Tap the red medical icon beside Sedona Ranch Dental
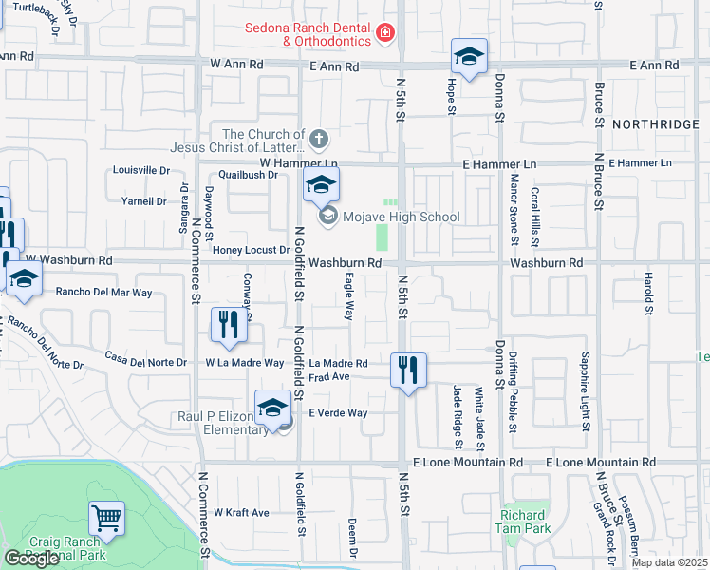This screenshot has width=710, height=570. (x=384, y=34)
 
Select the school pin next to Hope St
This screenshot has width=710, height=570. (x=469, y=58)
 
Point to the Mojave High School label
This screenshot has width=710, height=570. (x=401, y=218)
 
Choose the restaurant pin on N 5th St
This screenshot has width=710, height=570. (x=408, y=370)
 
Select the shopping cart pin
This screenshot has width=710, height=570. (x=106, y=519)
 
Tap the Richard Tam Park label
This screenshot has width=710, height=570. (x=522, y=522)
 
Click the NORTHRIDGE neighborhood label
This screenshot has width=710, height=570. (x=655, y=125)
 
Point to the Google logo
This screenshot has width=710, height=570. (x=31, y=559)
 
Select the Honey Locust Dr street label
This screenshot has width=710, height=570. (x=251, y=250)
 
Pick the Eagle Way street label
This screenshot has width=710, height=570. (x=349, y=297)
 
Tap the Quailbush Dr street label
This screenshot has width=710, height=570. (x=247, y=175)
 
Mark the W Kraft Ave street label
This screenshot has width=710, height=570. (x=241, y=512)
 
